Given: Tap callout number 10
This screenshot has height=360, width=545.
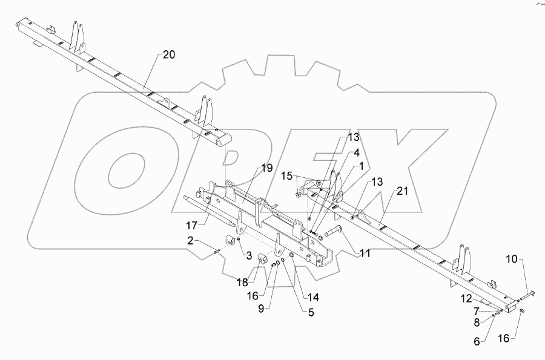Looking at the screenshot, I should pyautogui.click(x=512, y=259).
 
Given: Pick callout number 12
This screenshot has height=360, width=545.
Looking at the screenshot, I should pyautogui.click(x=467, y=297).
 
